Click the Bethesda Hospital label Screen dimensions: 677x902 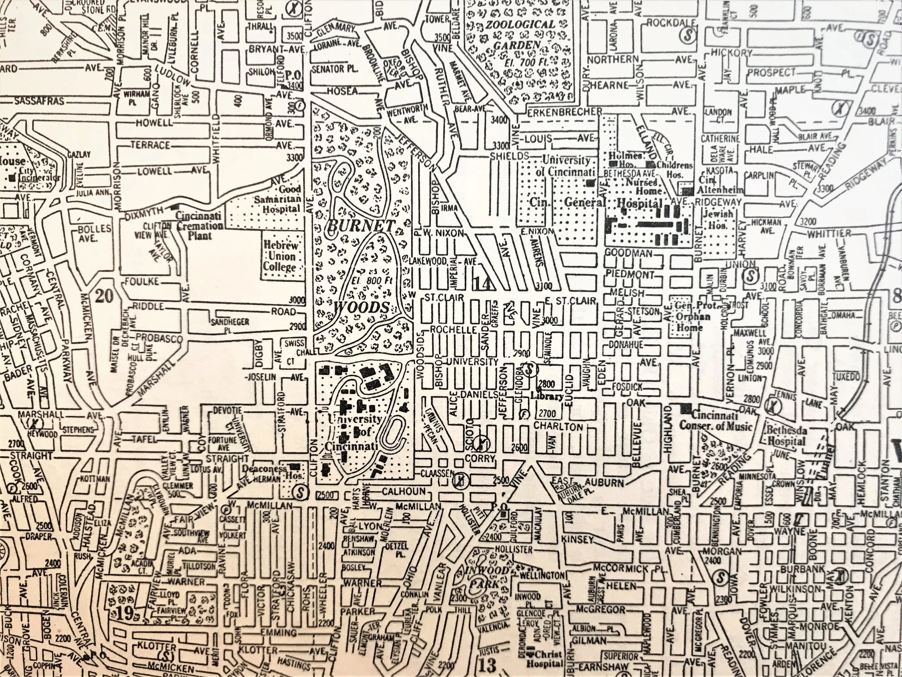(x=786, y=436)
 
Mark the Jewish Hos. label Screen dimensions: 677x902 (x=718, y=219)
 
